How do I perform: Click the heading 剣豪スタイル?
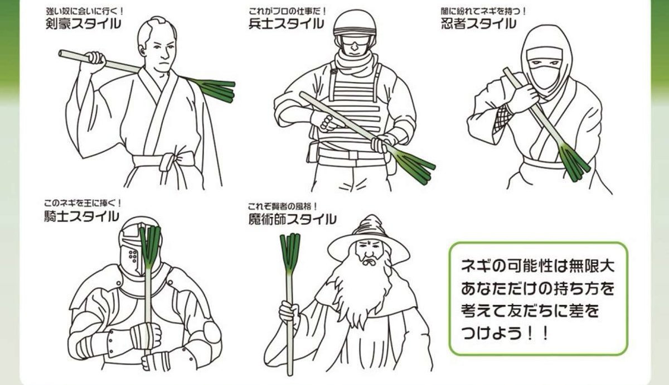click(x=83, y=23)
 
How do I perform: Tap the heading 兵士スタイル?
click(x=286, y=23)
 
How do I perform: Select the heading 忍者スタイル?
click(x=478, y=23)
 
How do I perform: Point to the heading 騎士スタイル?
click(x=81, y=216)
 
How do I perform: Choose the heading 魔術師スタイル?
click(x=292, y=219)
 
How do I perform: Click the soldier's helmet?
click(x=355, y=26)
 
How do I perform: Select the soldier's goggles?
click(x=355, y=41)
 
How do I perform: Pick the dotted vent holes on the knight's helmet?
click(x=133, y=256)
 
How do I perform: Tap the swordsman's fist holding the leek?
click(x=95, y=60)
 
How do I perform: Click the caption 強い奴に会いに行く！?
click(x=85, y=11)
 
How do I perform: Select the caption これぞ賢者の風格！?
click(x=283, y=206)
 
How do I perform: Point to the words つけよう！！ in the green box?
click(x=505, y=333)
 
